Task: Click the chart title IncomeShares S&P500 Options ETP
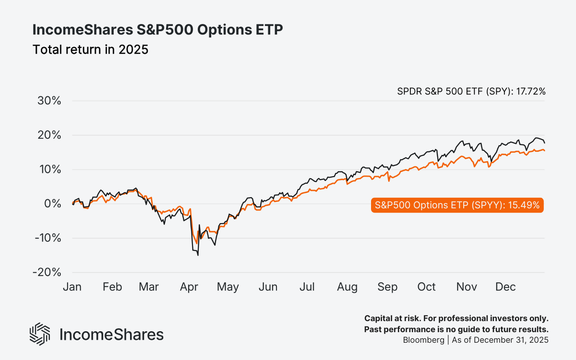(x=157, y=30)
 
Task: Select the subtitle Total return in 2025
(x=90, y=49)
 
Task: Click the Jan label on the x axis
(x=72, y=287)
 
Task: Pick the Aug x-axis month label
(x=347, y=287)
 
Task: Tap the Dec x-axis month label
(x=505, y=287)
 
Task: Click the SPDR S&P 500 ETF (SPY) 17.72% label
(x=471, y=91)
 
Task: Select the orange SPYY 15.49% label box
(x=457, y=205)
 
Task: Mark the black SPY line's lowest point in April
(x=198, y=255)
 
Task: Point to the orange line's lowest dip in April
(x=196, y=243)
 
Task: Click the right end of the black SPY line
(x=544, y=143)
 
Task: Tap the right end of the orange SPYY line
(x=544, y=151)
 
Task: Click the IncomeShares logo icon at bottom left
(x=40, y=334)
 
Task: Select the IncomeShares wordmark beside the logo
(x=111, y=335)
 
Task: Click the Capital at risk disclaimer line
(x=456, y=319)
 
